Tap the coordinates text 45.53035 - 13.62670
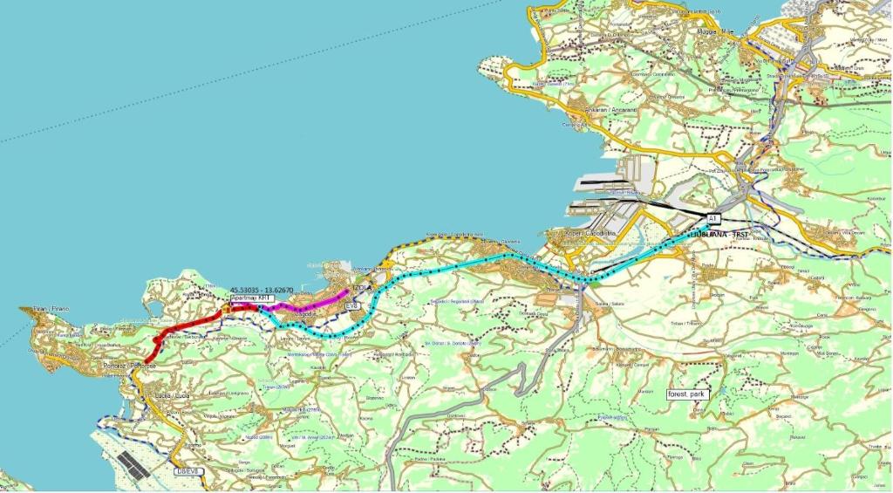click(264, 289)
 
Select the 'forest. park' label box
click(687, 394)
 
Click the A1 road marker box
click(712, 217)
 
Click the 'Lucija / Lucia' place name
click(171, 396)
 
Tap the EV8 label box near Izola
click(352, 306)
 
